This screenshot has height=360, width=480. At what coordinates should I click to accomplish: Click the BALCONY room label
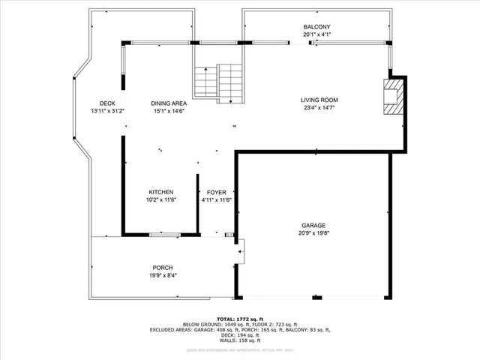click(x=316, y=27)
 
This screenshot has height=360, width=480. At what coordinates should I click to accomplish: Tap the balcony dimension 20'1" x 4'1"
click(x=316, y=34)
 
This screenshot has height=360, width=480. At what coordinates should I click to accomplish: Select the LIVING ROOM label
click(x=319, y=100)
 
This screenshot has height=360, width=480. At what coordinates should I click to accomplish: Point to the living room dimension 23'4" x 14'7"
click(x=319, y=108)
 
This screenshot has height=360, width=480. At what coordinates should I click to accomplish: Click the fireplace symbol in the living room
click(x=391, y=96)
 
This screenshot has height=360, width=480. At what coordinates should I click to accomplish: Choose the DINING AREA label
click(x=169, y=103)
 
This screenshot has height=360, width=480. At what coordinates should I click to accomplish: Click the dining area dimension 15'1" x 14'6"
click(x=169, y=111)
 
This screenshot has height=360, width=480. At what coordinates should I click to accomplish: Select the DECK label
click(x=107, y=103)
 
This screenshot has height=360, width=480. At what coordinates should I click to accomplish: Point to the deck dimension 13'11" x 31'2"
click(x=107, y=111)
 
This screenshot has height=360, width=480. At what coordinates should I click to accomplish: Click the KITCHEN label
click(x=161, y=192)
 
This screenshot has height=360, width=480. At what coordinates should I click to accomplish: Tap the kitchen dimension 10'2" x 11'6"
click(x=161, y=200)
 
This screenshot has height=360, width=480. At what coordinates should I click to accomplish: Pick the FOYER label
click(x=217, y=192)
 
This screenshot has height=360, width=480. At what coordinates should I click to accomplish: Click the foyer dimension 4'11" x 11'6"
click(x=217, y=200)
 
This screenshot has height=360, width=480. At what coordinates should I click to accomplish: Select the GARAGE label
click(x=313, y=225)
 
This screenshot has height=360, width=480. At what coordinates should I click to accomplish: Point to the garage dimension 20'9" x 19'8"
click(x=313, y=233)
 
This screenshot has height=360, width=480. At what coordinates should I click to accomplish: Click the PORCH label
click(x=163, y=268)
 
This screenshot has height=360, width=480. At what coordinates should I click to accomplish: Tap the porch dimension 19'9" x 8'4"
click(x=163, y=276)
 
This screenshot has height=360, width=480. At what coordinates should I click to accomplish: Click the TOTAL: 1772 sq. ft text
click(x=239, y=319)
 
